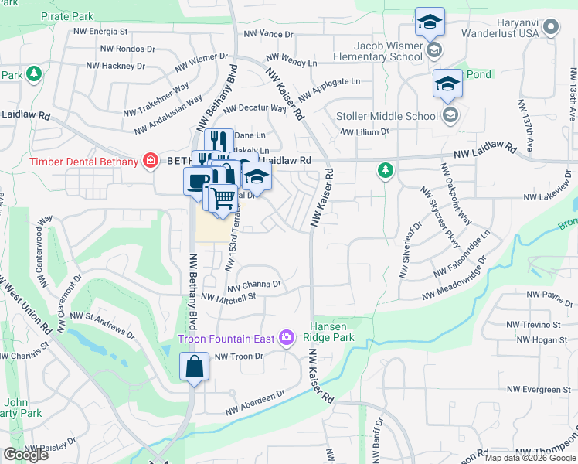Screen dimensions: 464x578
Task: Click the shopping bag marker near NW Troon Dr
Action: [x=194, y=367]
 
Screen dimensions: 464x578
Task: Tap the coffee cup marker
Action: [x=197, y=180]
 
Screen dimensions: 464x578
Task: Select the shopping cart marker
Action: [x=223, y=197]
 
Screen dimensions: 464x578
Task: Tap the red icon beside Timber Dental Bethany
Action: [x=151, y=161]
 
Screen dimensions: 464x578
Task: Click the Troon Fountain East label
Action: [x=227, y=338]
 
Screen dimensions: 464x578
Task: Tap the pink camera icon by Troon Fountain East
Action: [x=287, y=337]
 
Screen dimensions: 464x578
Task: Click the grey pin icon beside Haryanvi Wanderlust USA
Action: [x=550, y=29]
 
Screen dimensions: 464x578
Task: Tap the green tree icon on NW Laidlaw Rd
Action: [x=385, y=169]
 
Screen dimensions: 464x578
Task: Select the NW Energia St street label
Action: [x=100, y=32]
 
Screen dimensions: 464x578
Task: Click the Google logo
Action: [x=26, y=455]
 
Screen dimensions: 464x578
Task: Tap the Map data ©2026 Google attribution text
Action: [x=530, y=458]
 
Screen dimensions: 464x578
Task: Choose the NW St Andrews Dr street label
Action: [x=104, y=324]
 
